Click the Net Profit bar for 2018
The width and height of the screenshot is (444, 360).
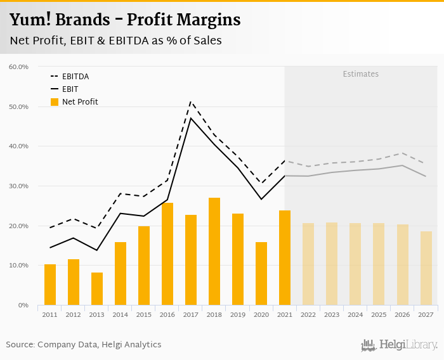(214, 252)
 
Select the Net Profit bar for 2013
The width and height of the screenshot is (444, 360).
(97, 289)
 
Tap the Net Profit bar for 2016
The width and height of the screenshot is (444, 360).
(167, 254)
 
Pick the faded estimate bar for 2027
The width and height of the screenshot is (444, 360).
(426, 268)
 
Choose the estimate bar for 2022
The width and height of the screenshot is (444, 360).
(308, 264)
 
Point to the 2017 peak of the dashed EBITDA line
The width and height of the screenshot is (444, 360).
(191, 101)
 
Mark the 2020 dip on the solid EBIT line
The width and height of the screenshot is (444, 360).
(261, 199)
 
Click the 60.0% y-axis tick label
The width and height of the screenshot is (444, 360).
(18, 67)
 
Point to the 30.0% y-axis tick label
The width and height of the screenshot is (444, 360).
(18, 186)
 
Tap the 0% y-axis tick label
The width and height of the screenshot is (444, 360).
(23, 305)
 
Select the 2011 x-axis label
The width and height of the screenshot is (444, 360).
(50, 314)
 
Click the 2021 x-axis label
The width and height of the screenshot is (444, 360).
(285, 314)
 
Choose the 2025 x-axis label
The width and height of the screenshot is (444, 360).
(379, 314)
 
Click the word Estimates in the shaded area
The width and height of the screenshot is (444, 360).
(360, 74)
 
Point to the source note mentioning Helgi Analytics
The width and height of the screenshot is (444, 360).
(84, 345)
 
